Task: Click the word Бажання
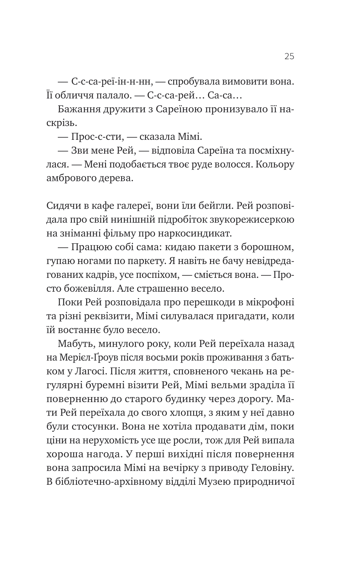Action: pyautogui.click(x=78, y=109)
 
